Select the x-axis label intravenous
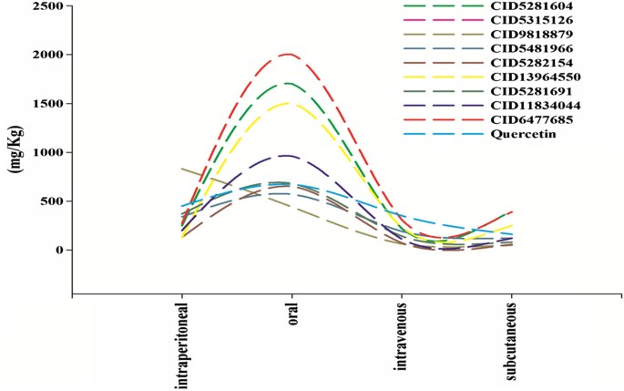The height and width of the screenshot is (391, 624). pyautogui.click(x=402, y=336)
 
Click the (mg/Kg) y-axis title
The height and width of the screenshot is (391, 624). pyautogui.click(x=15, y=151)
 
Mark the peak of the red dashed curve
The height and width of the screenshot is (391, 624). pyautogui.click(x=289, y=54)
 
